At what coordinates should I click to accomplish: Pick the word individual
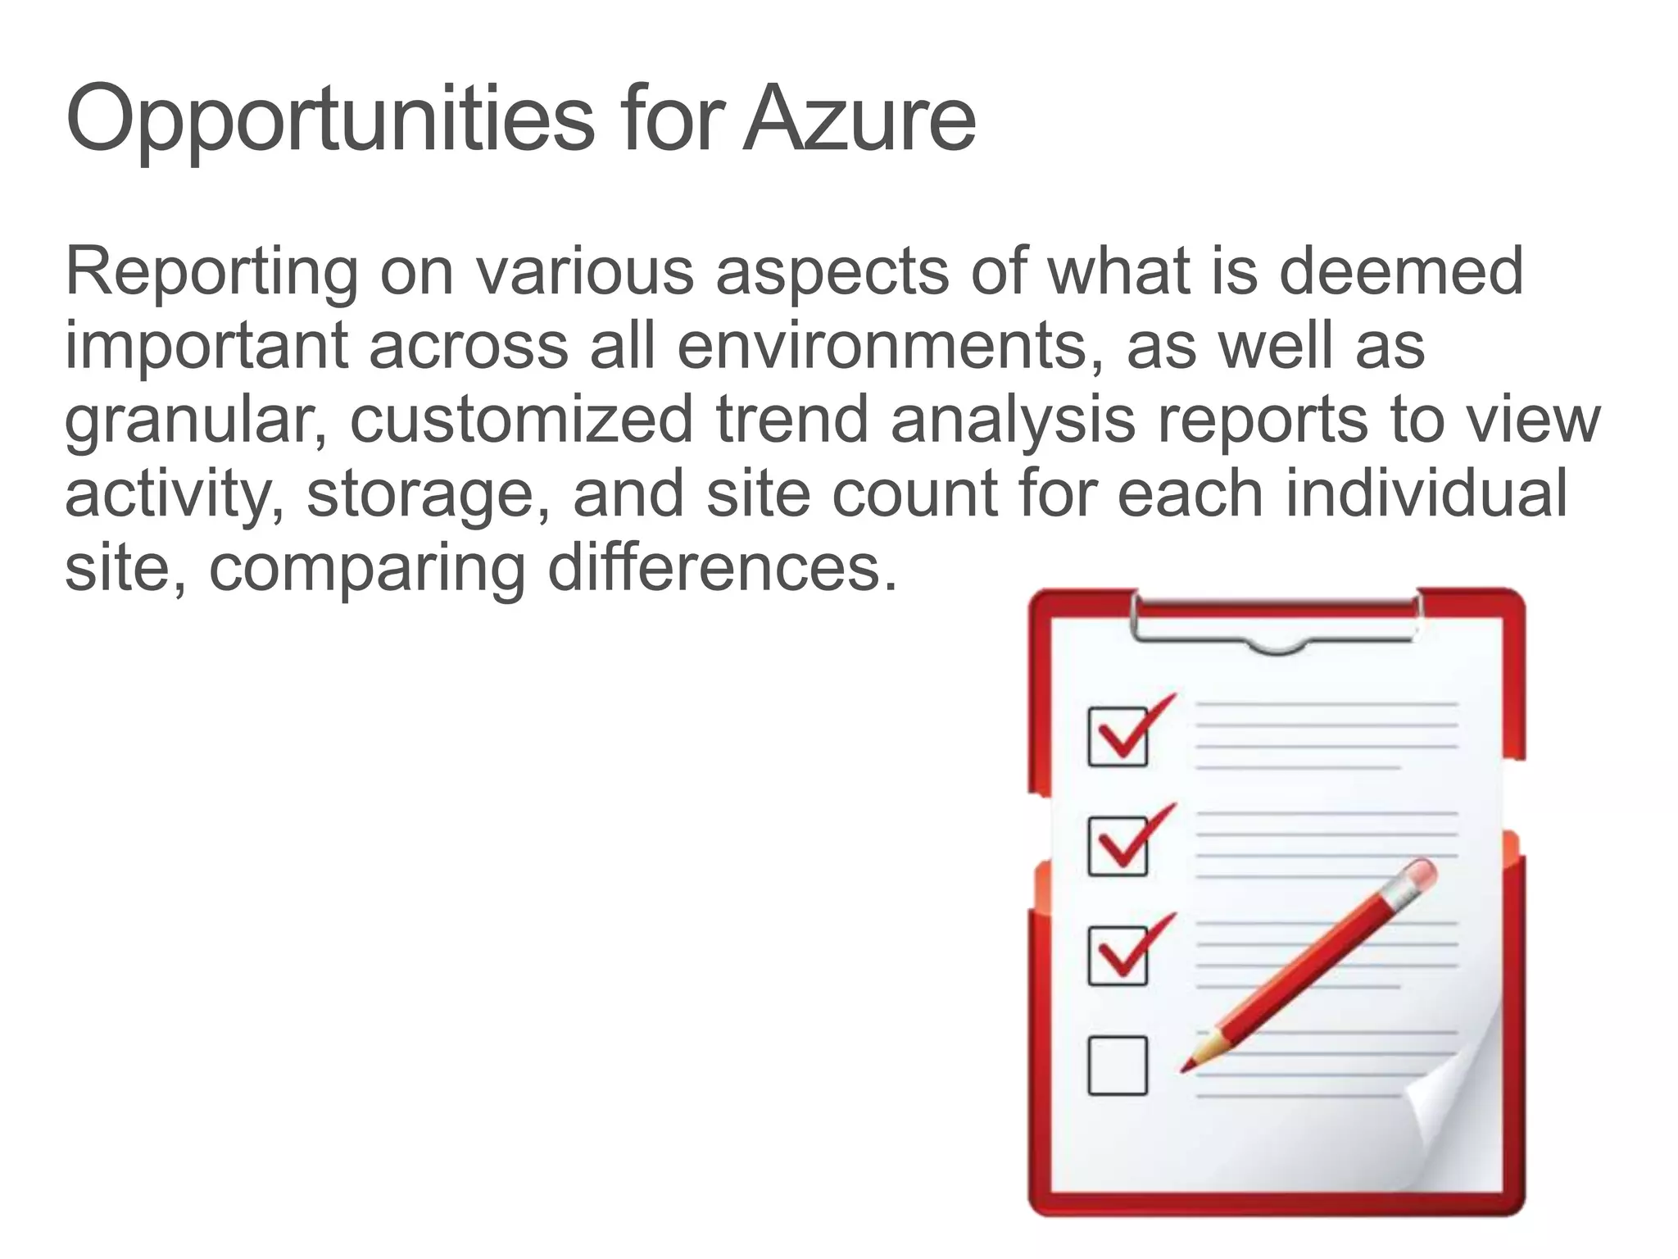pyautogui.click(x=1426, y=493)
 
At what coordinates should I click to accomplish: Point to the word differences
pyautogui.click(x=722, y=568)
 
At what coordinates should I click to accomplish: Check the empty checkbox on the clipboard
pyautogui.click(x=1117, y=1066)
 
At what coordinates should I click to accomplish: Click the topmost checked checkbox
pyautogui.click(x=1118, y=736)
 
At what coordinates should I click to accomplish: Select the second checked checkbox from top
pyautogui.click(x=1118, y=846)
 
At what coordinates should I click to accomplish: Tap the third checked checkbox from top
pyautogui.click(x=1118, y=956)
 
